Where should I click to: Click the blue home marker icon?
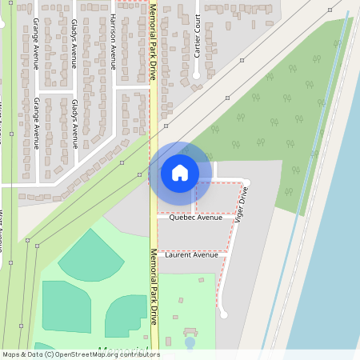[179, 173]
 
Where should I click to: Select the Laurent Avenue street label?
[191, 255]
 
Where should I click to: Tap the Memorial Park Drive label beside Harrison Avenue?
[152, 42]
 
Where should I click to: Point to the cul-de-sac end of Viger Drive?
[224, 314]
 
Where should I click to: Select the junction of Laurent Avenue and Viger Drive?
[226, 253]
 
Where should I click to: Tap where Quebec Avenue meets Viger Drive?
[234, 216]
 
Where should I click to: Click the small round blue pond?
[190, 342]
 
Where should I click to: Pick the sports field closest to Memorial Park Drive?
[126, 315]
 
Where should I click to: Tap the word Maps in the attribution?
[11, 354]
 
